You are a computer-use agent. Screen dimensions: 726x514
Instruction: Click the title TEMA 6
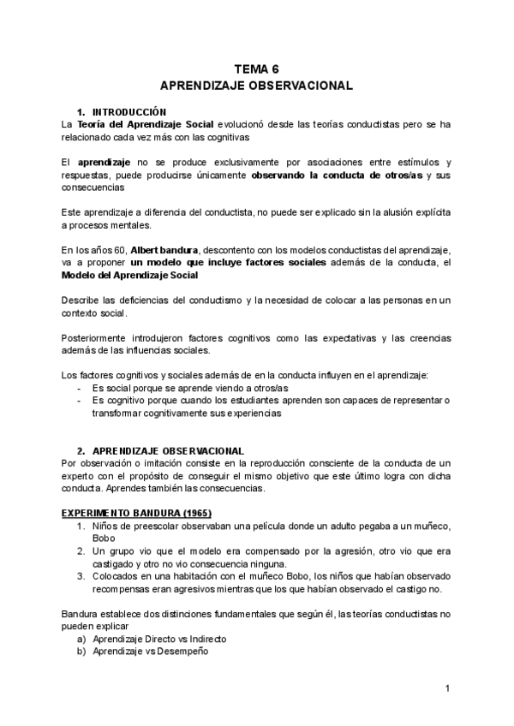[x=256, y=70]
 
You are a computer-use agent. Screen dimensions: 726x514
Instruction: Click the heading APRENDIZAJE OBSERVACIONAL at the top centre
[x=256, y=86]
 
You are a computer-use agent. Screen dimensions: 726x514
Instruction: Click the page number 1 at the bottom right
[x=447, y=687]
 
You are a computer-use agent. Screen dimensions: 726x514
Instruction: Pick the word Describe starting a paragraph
[x=81, y=300]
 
